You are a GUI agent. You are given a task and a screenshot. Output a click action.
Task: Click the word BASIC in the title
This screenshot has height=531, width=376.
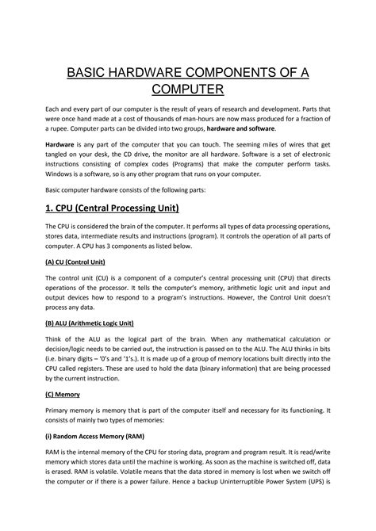[89, 74]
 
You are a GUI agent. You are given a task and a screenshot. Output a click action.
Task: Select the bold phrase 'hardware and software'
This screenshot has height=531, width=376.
[239, 128]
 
